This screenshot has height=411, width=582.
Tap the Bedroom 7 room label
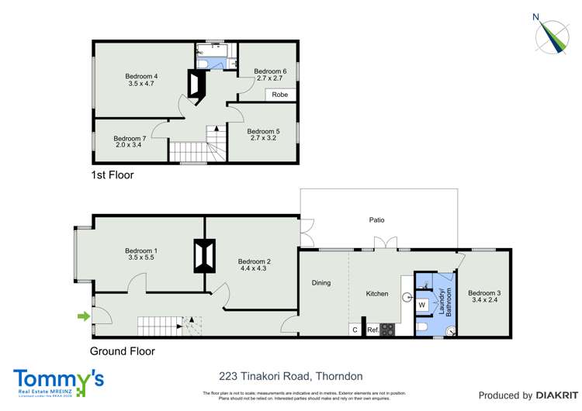coord(129,139)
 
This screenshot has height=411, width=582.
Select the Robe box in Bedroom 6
coord(280,95)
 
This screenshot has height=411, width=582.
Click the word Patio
coord(377,220)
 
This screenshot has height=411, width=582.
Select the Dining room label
coord(321,283)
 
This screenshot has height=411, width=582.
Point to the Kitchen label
coord(377,294)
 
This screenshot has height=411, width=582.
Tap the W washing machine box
coord(422,304)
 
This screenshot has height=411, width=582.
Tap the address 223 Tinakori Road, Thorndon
coord(291,376)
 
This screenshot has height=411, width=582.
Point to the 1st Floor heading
coord(113,175)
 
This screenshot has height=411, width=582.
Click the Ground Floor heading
coord(123,351)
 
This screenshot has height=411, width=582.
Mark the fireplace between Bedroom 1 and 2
coord(204,255)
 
